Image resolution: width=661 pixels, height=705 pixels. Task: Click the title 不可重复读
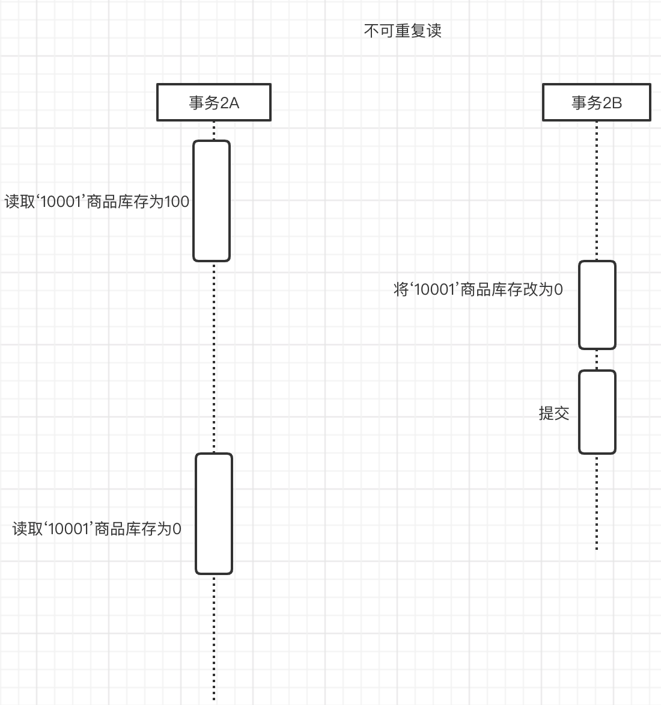point(403,31)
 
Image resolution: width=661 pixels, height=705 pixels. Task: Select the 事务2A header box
point(214,103)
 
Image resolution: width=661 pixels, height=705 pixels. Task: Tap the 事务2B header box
point(596,103)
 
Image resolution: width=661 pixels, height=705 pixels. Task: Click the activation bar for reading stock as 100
point(212,201)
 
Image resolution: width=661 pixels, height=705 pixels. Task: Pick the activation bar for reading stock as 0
point(214,514)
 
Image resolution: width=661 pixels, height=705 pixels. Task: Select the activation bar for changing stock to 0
point(597,305)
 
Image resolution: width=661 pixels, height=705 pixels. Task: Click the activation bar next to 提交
point(597,412)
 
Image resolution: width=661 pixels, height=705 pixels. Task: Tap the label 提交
point(553,413)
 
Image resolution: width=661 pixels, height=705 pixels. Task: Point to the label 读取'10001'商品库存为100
point(97,202)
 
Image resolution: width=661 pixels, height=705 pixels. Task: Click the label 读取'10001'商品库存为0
point(97,529)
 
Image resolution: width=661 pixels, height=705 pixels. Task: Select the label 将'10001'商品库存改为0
point(478,290)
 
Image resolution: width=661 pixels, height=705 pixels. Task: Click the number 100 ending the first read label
point(177,202)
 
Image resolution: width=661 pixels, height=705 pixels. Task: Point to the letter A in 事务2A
point(233,103)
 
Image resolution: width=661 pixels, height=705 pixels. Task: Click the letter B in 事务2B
point(616,103)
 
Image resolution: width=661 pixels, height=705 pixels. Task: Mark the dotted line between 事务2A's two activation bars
point(214,357)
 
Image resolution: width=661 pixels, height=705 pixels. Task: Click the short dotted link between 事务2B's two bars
point(597,360)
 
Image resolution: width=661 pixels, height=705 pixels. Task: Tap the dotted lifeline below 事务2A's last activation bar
point(214,638)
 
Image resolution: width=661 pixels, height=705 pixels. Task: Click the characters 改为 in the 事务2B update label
point(538,290)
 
